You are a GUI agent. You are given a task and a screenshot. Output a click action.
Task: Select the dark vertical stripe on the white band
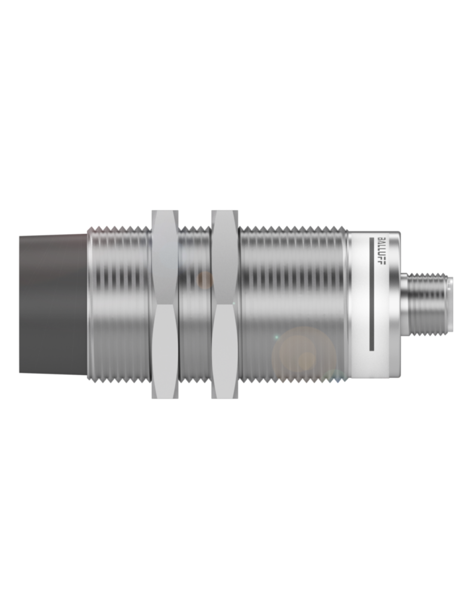click(372, 294)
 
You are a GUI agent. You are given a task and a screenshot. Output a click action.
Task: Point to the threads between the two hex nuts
click(195, 304)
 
